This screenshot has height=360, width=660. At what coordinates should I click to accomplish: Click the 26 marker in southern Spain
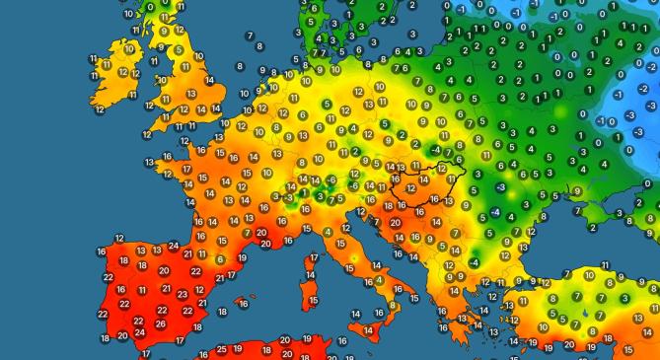point(161,323)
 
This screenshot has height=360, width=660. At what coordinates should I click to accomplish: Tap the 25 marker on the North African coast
point(222,349)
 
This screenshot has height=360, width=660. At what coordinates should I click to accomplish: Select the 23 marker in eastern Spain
point(181,294)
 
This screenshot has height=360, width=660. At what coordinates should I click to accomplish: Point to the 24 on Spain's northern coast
point(174,245)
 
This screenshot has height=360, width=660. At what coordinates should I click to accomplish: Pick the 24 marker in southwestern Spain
point(139,332)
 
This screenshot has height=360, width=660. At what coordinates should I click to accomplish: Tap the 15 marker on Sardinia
point(313,300)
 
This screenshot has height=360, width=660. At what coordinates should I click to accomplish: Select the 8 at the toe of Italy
point(392,307)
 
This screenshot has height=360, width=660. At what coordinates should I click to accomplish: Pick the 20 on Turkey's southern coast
point(568,344)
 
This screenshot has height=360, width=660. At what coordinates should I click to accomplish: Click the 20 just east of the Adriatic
point(395,223)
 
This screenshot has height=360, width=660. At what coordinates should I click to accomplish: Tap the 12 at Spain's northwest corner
point(119,239)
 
